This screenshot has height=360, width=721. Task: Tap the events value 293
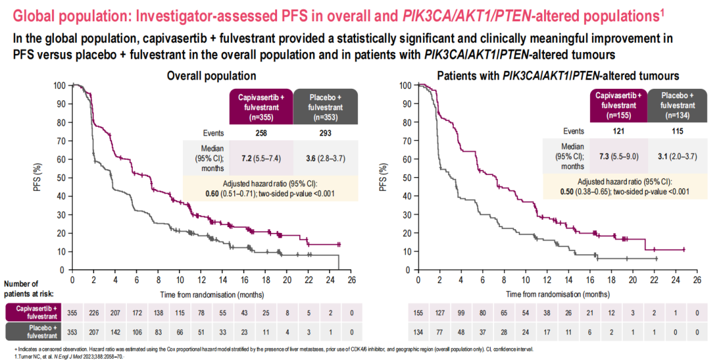coord(326,134)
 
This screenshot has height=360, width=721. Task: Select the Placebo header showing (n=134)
coord(678,105)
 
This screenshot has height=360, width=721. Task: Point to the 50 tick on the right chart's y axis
coord(405,178)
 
